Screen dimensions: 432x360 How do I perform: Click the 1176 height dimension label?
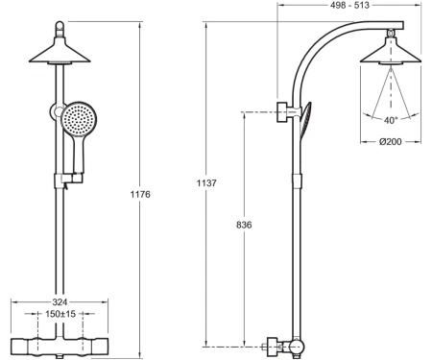140,194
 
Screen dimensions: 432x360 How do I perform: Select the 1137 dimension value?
206,183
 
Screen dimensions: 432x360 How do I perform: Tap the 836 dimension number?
244,225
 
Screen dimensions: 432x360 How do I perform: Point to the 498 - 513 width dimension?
349,5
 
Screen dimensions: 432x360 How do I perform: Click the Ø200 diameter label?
391,141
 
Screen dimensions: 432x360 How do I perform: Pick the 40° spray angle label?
391,121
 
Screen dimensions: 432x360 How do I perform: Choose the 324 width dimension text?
60,302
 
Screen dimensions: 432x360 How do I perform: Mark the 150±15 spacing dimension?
60,314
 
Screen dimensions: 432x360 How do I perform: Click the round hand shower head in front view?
79,119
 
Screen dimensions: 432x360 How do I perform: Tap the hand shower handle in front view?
79,155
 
